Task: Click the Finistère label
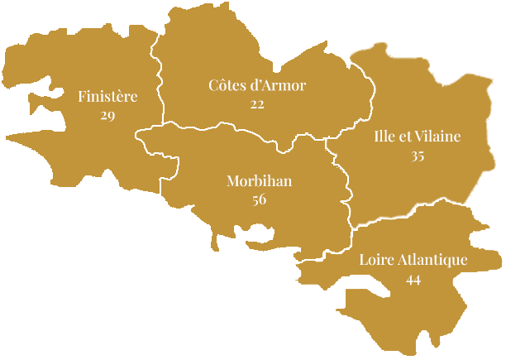(107, 97)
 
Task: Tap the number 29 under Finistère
(107, 115)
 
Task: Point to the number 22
(257, 103)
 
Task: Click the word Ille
(384, 137)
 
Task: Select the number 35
(418, 156)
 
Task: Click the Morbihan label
(259, 181)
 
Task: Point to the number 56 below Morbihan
(259, 199)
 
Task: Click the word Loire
(376, 260)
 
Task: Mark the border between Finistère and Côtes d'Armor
(158, 83)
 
